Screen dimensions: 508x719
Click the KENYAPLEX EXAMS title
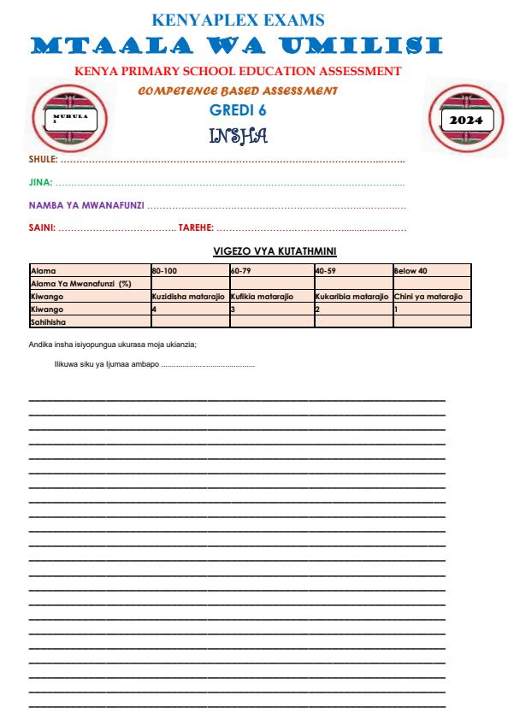click(237, 19)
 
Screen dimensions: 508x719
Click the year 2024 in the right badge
click(461, 120)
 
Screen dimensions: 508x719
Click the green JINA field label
click(40, 182)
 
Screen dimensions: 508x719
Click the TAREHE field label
click(195, 227)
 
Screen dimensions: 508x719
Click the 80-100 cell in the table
click(164, 270)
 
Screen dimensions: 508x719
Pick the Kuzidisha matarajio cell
click(187, 296)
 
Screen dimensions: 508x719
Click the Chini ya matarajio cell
click(428, 296)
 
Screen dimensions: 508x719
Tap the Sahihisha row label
click(48, 321)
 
